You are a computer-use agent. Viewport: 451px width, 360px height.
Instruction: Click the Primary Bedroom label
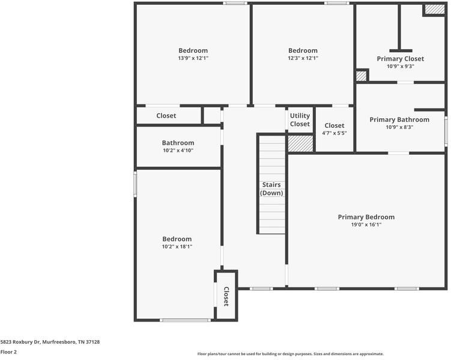pos(366,217)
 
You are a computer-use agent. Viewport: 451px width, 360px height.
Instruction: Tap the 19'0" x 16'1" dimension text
pos(366,224)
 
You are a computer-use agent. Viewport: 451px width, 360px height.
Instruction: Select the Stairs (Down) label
pos(271,189)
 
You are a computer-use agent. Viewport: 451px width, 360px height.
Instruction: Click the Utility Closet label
pos(300,120)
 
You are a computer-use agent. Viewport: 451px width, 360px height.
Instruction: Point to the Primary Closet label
pos(400,59)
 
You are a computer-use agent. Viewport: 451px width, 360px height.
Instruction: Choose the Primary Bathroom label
pos(399,120)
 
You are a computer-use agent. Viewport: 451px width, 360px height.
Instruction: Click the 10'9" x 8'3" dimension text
pos(399,127)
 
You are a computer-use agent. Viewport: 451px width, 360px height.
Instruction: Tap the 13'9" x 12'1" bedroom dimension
pos(193,58)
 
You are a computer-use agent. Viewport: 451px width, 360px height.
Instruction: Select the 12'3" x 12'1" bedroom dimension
pos(303,58)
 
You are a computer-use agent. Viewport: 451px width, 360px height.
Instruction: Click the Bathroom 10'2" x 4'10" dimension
pos(178,150)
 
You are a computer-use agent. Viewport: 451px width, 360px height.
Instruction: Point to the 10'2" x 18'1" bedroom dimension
pos(177,246)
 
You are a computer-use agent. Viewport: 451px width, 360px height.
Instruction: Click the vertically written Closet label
pos(226,296)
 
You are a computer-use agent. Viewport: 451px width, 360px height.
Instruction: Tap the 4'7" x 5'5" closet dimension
pos(334,133)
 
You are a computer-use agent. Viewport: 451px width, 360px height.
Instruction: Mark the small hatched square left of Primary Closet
pos(361,76)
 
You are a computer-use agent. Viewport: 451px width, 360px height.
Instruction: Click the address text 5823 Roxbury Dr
pos(50,342)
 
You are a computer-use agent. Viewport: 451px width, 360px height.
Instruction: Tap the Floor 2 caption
pos(8,352)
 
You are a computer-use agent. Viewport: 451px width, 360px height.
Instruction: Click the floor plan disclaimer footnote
pos(290,354)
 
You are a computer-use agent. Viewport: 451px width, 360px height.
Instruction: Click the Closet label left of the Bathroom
pos(166,116)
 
